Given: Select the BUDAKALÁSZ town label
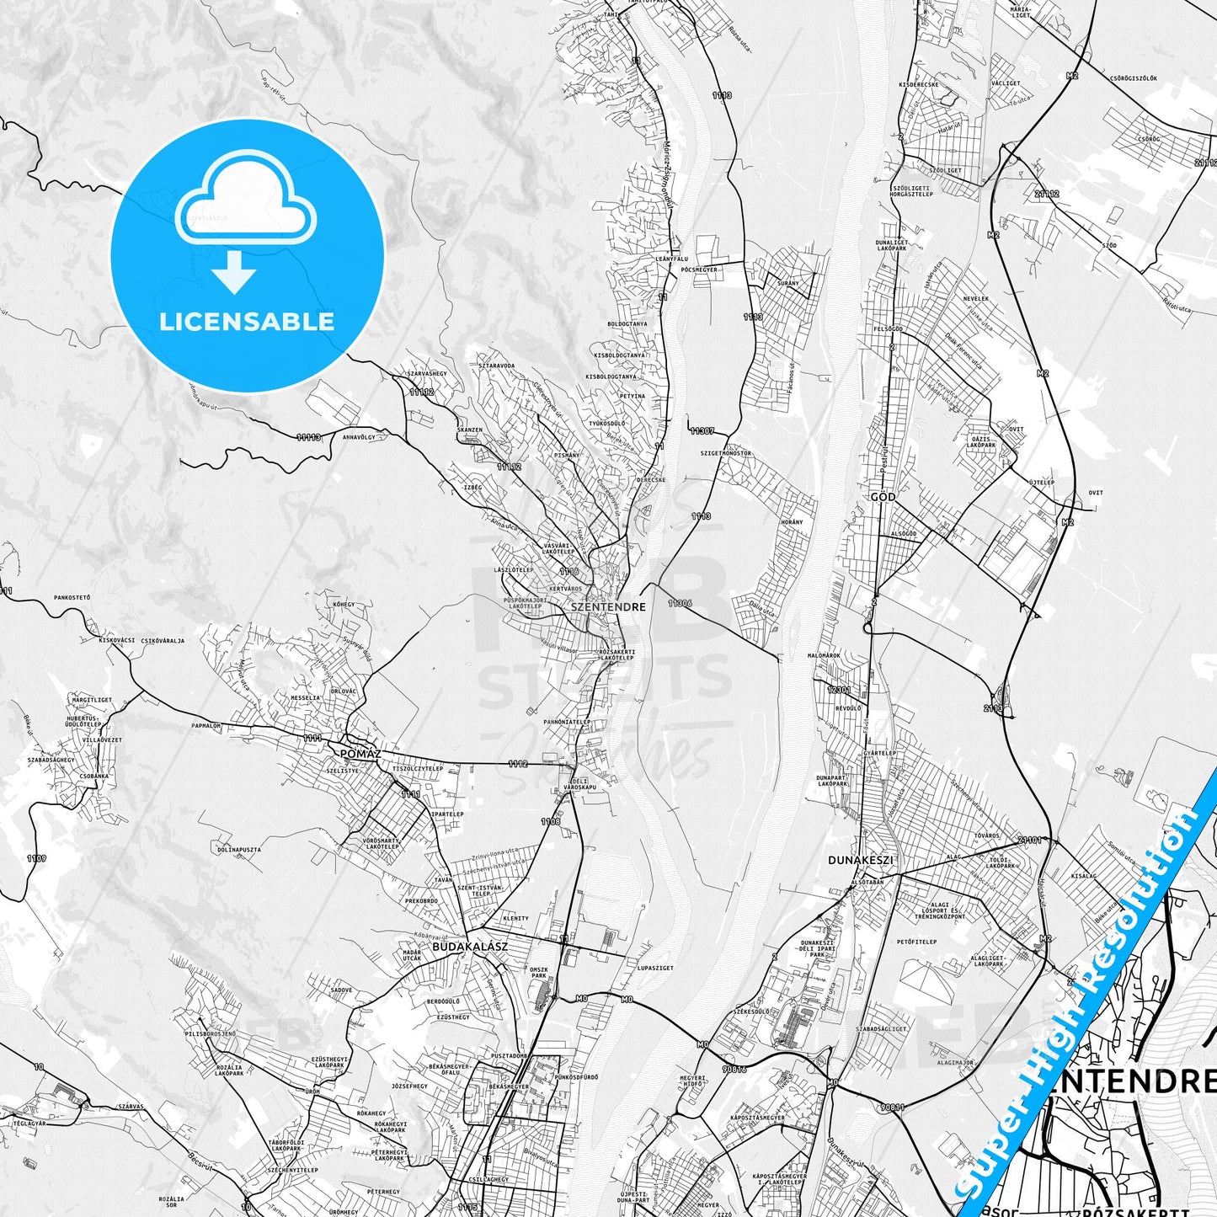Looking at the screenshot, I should [x=469, y=947].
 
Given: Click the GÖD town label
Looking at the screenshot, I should [x=883, y=497].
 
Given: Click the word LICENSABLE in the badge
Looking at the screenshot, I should [x=247, y=322].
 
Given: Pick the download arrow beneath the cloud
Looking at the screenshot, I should [x=234, y=271].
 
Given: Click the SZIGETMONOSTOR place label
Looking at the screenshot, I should [x=725, y=453].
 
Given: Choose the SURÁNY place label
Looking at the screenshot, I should [x=788, y=284].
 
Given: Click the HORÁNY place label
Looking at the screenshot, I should [x=792, y=522].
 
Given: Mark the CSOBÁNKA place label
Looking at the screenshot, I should [x=93, y=776].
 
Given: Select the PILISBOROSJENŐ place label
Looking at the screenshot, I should [x=210, y=1033].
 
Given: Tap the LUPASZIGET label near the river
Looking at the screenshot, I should [x=655, y=969].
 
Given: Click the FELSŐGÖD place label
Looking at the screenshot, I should [x=889, y=329].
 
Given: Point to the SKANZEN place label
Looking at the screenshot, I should [x=469, y=430].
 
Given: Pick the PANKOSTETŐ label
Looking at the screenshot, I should [x=72, y=597].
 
